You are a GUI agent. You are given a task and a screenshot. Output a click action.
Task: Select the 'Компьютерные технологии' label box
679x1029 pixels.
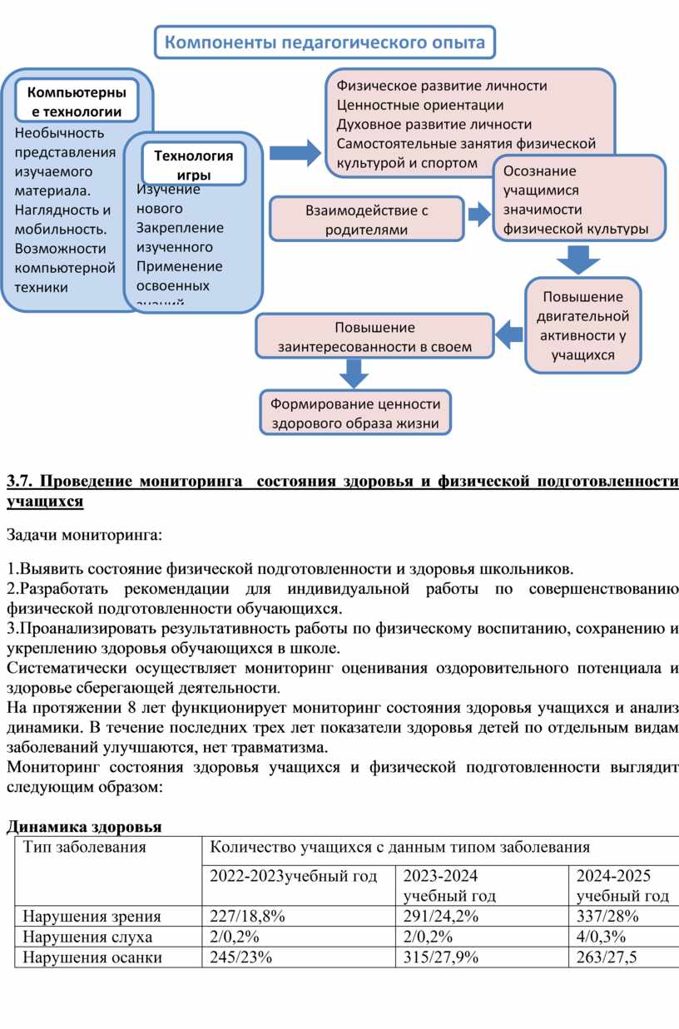coord(77,101)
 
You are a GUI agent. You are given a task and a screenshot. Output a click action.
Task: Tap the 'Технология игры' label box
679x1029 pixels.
coord(193,164)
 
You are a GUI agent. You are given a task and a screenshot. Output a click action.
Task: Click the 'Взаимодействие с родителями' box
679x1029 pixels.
coord(366,220)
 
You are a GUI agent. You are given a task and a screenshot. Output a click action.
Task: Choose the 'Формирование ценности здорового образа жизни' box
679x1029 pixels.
coord(354,413)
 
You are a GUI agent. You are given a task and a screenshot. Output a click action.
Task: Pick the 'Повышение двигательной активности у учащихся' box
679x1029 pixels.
coord(582,325)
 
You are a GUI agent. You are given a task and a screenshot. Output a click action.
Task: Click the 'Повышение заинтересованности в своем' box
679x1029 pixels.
coord(374,337)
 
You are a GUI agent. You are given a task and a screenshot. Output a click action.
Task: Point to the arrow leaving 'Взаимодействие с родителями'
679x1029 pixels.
coord(479,215)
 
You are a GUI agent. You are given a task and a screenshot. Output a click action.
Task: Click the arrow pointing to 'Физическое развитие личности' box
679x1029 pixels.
coord(295,153)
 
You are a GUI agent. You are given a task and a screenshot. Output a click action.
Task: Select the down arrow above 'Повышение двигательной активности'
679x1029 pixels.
coord(573,260)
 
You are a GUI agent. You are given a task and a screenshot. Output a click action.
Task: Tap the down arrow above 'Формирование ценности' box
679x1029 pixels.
coord(354,375)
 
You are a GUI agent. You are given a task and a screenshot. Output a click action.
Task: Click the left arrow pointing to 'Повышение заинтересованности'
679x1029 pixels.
coord(508,335)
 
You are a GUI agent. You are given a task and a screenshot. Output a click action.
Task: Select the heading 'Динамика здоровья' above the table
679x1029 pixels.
coord(83,827)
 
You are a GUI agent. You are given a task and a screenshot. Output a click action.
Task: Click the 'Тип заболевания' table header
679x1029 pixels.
coord(85,847)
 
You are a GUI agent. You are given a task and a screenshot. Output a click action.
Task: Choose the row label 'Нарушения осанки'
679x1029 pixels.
coord(92,957)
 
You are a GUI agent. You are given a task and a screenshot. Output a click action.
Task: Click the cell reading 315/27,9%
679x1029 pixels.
coord(441,957)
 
